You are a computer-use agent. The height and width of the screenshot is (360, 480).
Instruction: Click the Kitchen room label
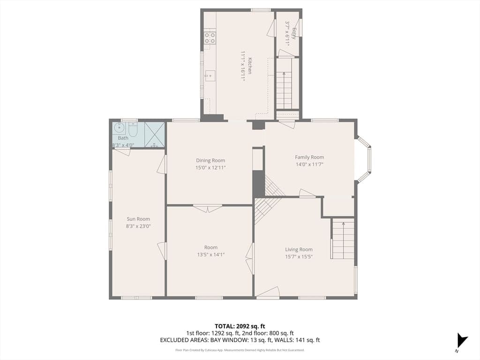tap(250, 66)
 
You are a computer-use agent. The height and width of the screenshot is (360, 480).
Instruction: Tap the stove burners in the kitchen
tap(210, 37)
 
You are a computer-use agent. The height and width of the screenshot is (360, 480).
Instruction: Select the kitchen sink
tap(210, 75)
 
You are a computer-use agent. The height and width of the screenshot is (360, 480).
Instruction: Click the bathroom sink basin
tap(119, 128)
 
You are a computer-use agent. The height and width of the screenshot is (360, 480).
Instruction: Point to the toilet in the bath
tap(133, 129)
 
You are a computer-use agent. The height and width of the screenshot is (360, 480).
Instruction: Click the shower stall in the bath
tap(154, 135)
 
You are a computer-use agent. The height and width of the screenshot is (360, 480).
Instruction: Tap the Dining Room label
tap(210, 160)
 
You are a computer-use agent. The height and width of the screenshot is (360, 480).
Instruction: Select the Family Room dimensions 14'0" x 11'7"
tap(309, 165)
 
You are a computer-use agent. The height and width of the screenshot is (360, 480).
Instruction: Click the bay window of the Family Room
tap(364, 159)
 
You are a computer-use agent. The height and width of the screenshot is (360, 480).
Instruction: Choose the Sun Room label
tap(138, 219)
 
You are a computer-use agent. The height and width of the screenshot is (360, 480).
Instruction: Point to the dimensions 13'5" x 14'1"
tap(211, 255)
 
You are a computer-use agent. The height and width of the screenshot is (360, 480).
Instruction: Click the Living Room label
tap(299, 249)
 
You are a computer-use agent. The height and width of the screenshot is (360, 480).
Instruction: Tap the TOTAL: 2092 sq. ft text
tap(238, 326)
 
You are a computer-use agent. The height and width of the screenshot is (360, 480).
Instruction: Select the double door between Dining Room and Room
tap(208, 208)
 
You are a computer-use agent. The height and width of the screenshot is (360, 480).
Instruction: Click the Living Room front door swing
tap(268, 292)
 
